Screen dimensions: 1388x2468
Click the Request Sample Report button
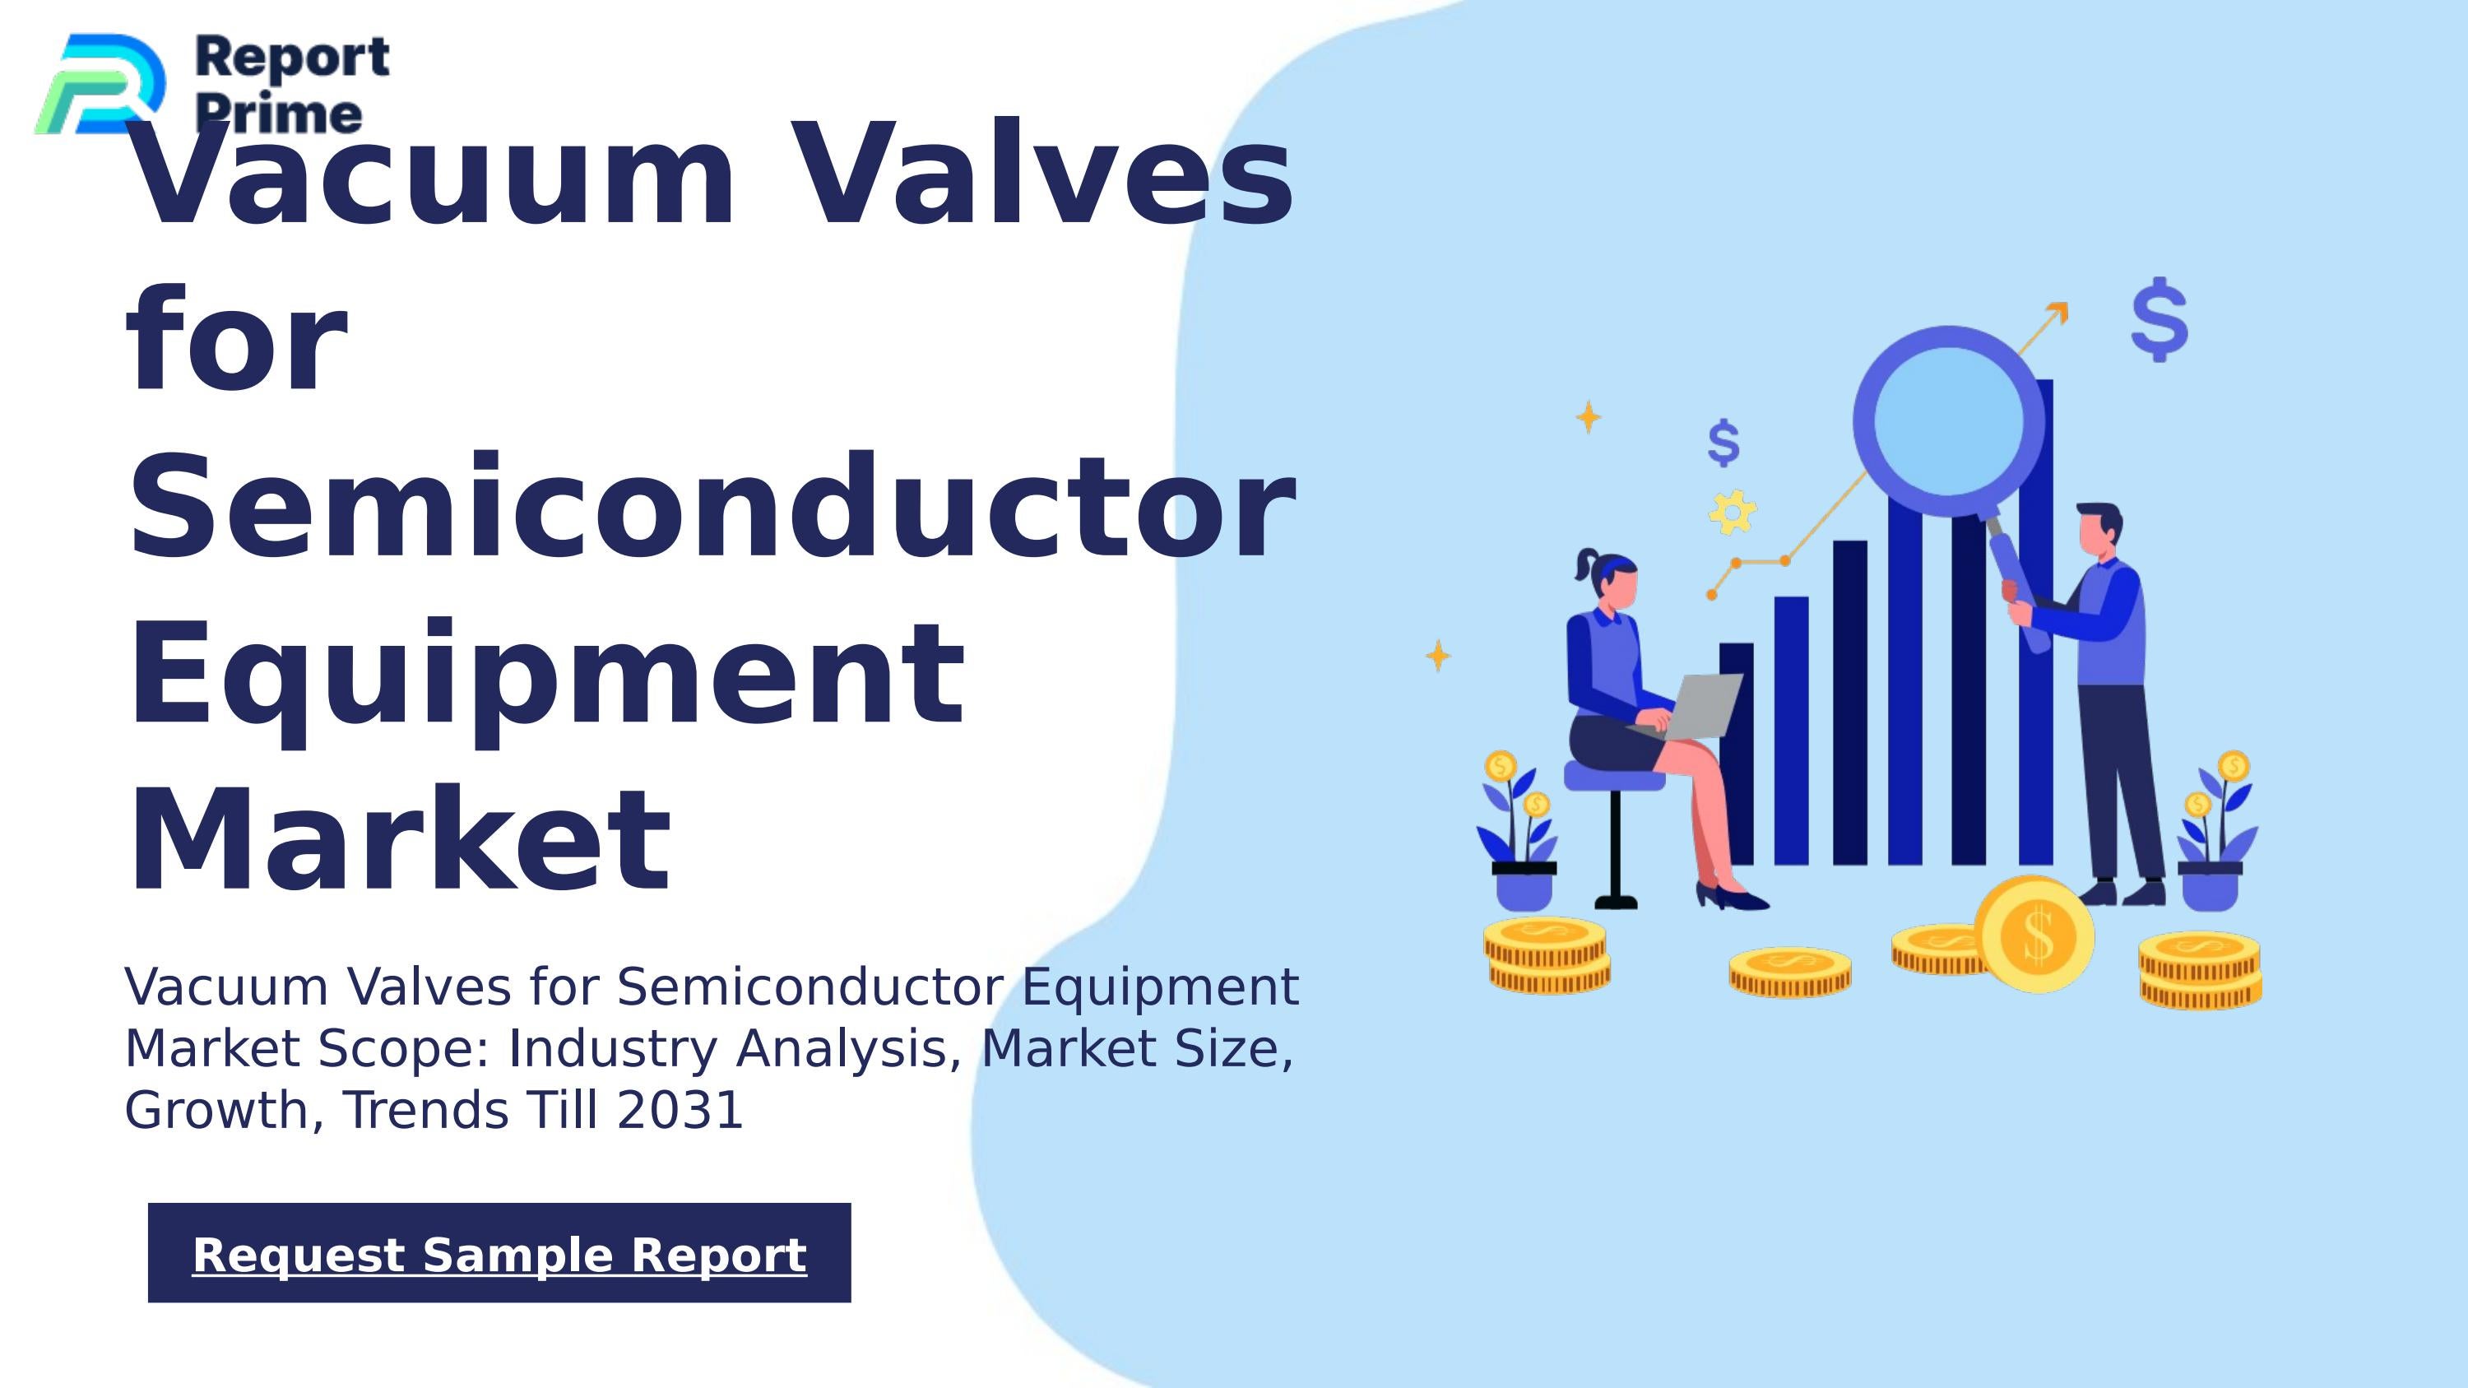[x=499, y=1253]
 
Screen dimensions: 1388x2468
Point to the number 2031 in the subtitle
[x=680, y=1110]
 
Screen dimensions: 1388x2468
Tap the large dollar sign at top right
[x=2159, y=319]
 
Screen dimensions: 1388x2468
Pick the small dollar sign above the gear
[x=1723, y=443]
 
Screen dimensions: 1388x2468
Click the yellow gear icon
[x=1733, y=513]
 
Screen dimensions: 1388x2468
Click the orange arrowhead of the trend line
[x=2058, y=313]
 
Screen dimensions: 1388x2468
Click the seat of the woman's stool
[x=1613, y=776]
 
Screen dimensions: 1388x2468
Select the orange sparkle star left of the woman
[x=1438, y=657]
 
